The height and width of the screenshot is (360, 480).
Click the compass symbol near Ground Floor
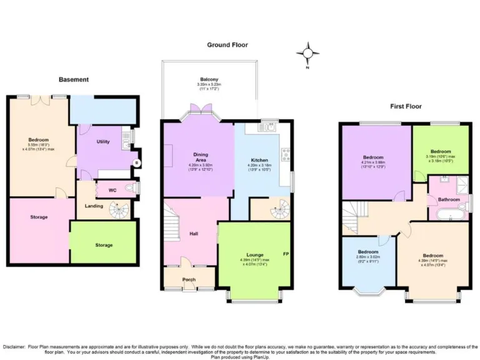(x=307, y=54)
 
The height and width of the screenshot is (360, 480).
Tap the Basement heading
(x=74, y=79)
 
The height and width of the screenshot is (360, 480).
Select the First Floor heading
(x=406, y=106)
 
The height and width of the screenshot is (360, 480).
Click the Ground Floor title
(x=227, y=45)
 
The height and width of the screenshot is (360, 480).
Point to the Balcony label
(x=209, y=79)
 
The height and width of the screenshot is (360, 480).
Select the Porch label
(x=189, y=279)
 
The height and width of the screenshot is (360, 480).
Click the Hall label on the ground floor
(x=194, y=234)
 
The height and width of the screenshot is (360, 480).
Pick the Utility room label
(x=103, y=142)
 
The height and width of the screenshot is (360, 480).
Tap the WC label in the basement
(x=112, y=189)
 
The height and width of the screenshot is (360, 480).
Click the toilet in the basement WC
(x=130, y=188)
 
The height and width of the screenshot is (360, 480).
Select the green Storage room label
(x=104, y=245)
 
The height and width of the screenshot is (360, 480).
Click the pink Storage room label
(x=39, y=217)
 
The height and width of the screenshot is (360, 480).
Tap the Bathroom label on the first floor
(x=449, y=199)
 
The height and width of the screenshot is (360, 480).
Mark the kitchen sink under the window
(x=269, y=127)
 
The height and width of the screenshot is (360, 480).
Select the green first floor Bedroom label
(x=441, y=151)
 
